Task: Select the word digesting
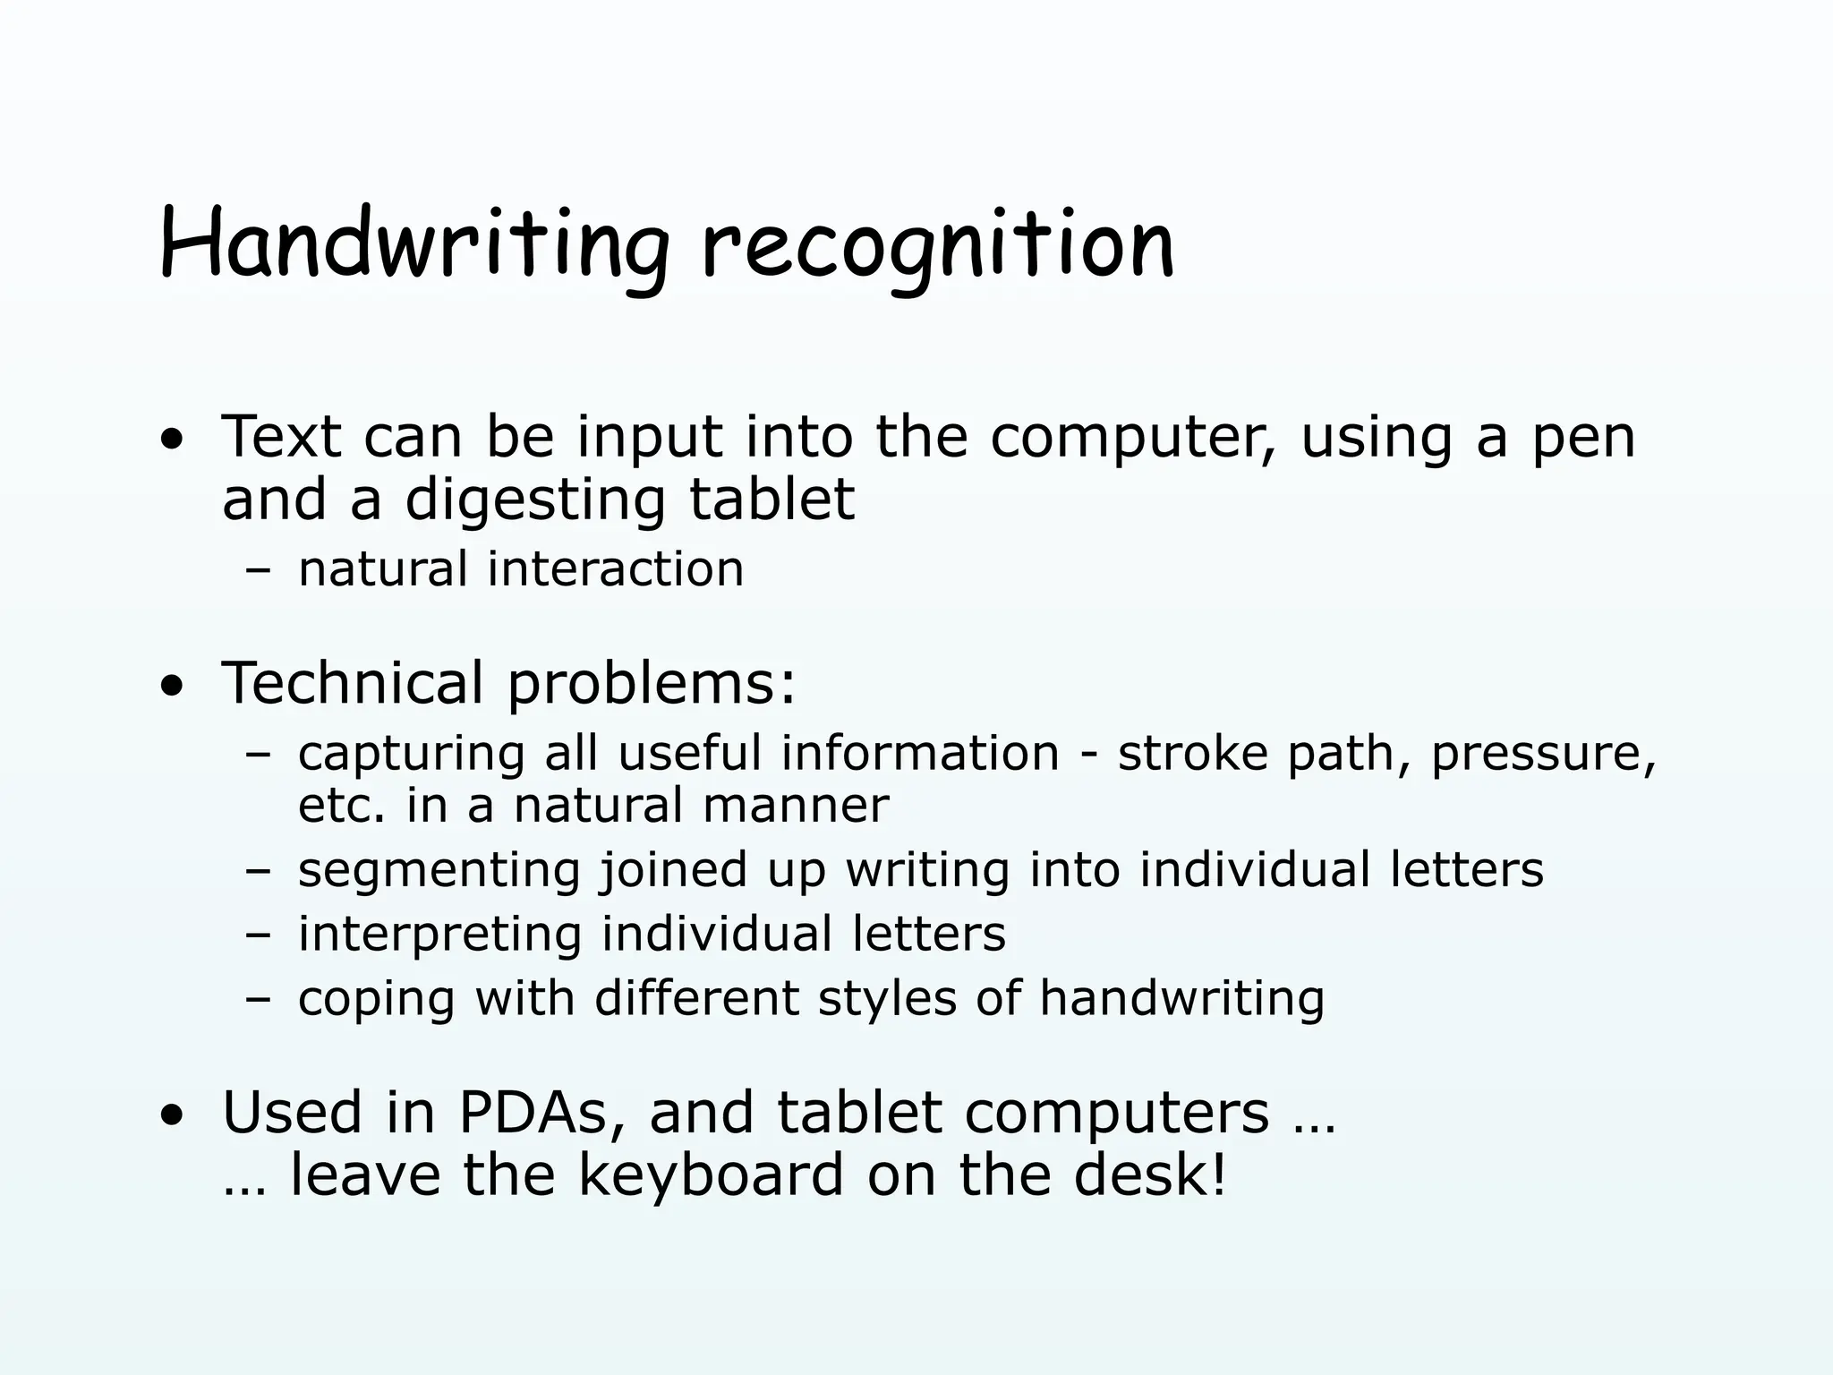[x=535, y=500]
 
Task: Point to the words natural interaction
[x=520, y=569]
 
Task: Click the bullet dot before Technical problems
[x=173, y=687]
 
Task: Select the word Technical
[x=352, y=683]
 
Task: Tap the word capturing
[x=411, y=755]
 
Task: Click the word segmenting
[x=439, y=871]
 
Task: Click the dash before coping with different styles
[x=258, y=998]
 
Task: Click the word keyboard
[x=711, y=1175]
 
